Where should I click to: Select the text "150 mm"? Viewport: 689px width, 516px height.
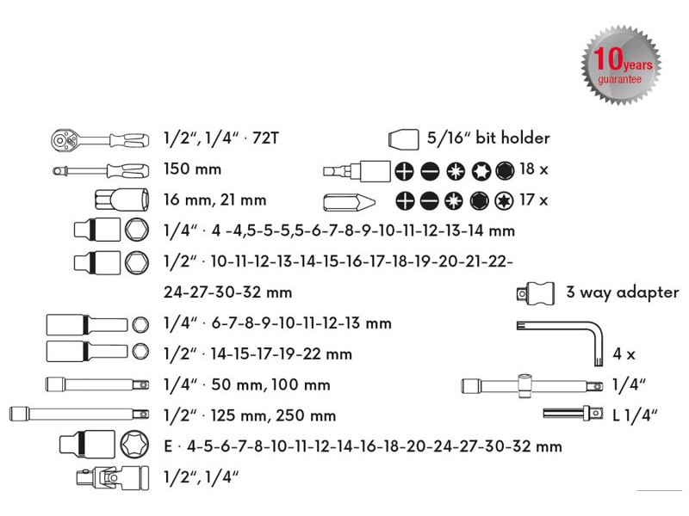192,169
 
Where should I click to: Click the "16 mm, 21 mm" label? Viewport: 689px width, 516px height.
215,200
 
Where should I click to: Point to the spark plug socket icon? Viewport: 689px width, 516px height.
121,200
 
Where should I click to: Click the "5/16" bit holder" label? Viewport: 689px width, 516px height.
488,138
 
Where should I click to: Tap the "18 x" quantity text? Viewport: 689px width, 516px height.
534,169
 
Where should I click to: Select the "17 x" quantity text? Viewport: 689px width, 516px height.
534,200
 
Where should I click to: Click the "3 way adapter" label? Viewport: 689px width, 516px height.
622,292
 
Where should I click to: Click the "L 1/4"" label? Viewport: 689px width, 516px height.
635,415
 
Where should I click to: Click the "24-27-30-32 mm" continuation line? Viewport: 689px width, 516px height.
227,292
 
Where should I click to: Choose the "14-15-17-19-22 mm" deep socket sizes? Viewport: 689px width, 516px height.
283,353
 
